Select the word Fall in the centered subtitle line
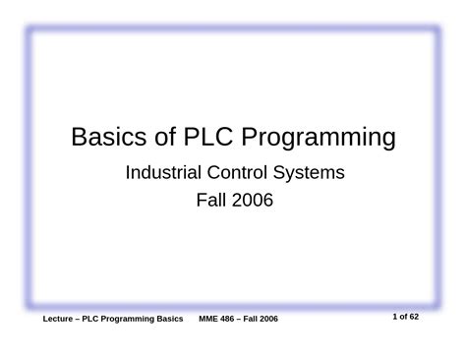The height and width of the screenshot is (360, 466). click(211, 202)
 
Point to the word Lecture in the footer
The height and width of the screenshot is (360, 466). click(62, 322)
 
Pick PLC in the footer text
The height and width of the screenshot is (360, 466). click(99, 322)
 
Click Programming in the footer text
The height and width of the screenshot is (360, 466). click(137, 322)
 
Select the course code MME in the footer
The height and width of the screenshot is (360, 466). click(212, 322)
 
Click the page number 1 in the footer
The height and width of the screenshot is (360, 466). click(394, 317)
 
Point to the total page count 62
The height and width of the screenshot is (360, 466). click(417, 317)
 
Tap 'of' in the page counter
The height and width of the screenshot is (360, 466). click(403, 317)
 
